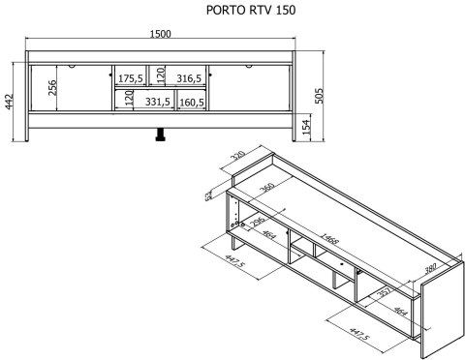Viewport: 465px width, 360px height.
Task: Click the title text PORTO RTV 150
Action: [251, 11]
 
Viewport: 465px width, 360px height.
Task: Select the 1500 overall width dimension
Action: [161, 35]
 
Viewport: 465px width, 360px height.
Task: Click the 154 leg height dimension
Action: [306, 127]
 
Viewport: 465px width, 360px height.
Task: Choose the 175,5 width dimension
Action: [131, 78]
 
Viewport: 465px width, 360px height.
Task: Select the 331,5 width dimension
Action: [158, 101]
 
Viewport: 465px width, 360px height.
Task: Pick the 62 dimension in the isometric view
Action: [208, 195]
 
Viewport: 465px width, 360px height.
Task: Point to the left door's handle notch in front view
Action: [72, 67]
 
